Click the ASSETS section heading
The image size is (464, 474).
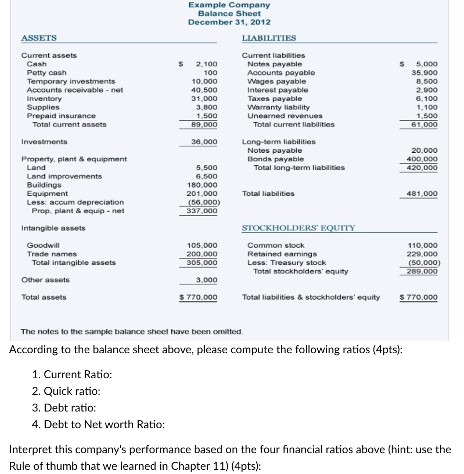pos(39,37)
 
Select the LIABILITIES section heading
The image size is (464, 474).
pos(269,37)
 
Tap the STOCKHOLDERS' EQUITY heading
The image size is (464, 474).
pos(298,228)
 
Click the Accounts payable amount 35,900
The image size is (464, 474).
pos(427,73)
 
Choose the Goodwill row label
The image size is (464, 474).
pos(43,245)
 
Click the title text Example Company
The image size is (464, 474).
pos(229,5)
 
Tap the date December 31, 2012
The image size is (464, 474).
pos(229,22)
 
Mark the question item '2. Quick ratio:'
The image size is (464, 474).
pos(66,391)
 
